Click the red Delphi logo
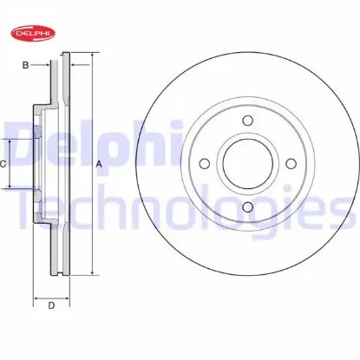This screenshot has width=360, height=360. click(33, 33)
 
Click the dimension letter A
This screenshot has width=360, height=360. click(99, 164)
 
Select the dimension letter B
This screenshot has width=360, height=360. click(26, 65)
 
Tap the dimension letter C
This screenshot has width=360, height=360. click(3, 164)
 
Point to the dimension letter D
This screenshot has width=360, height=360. click(51, 305)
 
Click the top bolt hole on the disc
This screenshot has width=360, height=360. click(248, 121)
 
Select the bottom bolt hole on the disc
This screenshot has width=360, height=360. click(248, 206)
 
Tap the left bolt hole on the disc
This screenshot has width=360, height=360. click(205, 164)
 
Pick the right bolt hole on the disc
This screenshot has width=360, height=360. click(291, 164)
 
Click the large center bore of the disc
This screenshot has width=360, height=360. click(248, 164)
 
